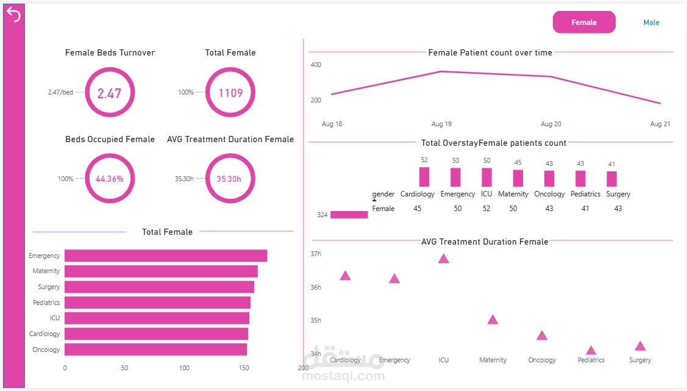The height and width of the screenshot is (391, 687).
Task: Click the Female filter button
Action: pos(584,23)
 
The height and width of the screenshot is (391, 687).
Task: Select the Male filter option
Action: pos(651,23)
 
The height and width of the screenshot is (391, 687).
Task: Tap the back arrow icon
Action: pos(13,15)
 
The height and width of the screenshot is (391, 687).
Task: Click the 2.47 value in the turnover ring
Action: pos(109,93)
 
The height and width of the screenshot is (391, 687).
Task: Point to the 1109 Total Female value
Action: pos(230,93)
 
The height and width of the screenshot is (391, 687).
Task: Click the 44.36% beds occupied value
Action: pos(110,179)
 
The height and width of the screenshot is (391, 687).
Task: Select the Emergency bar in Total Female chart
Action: pos(166,256)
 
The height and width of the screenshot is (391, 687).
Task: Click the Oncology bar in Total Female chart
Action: pos(156,350)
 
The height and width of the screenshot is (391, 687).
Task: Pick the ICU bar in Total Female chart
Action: pos(157,318)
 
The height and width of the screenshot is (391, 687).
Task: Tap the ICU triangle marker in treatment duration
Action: pos(443,259)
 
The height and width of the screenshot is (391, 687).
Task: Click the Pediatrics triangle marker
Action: pos(591,350)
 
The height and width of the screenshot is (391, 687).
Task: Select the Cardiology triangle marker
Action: pos(345,276)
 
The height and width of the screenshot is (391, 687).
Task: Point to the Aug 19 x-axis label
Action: pos(441,124)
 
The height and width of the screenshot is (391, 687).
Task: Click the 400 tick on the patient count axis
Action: pos(316,65)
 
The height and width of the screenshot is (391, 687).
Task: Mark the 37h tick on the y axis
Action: pos(316,254)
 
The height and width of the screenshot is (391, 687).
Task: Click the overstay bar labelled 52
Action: pos(424,177)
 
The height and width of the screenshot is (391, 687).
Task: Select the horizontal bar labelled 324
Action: pos(349,215)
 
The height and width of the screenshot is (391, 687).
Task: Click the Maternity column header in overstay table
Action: pos(513,194)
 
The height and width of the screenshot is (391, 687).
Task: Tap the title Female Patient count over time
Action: pos(490,52)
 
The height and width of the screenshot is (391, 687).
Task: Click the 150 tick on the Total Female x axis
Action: pos(244,368)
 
